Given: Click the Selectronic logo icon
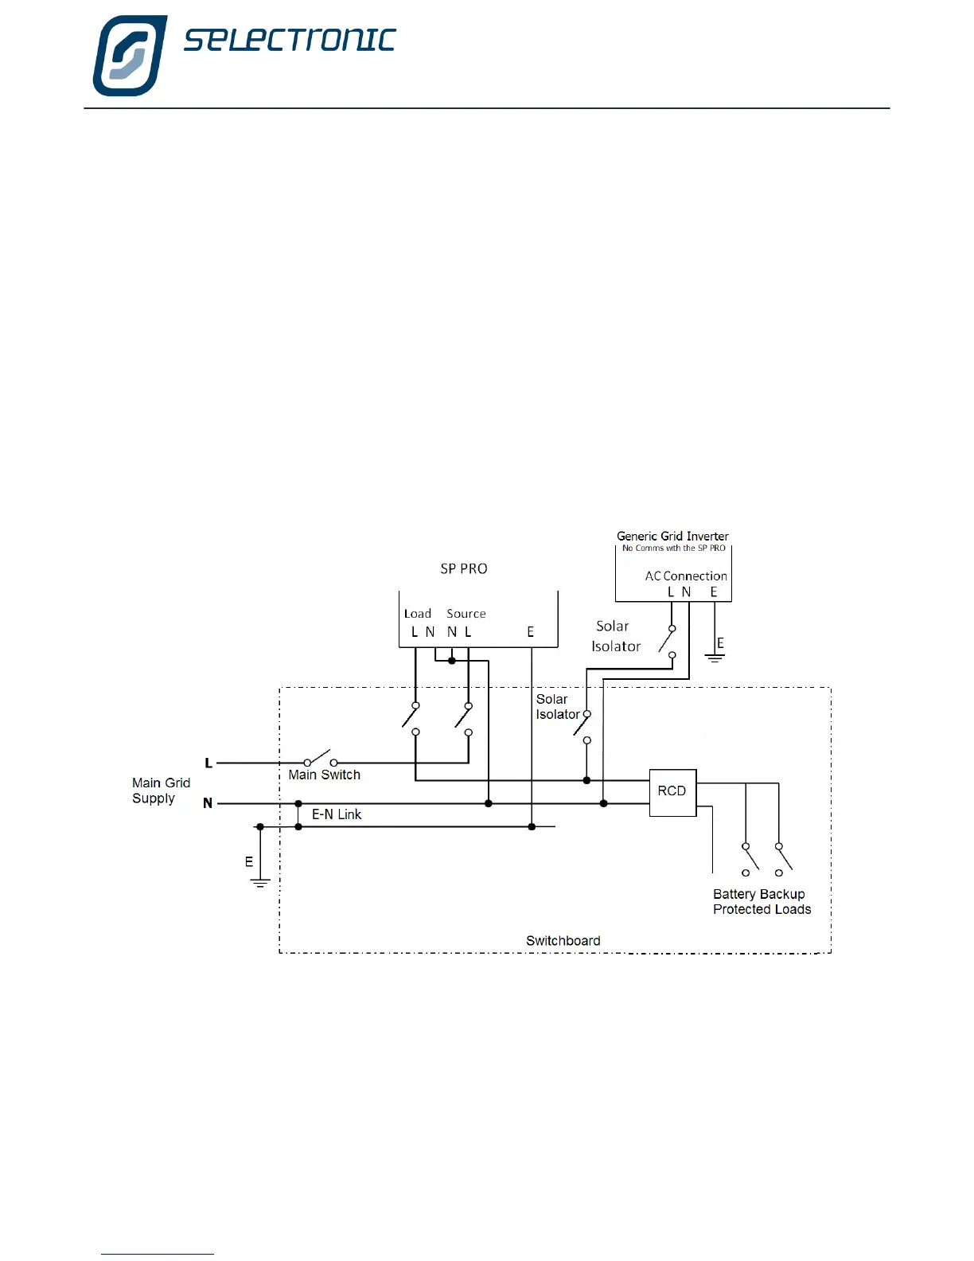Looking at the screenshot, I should pos(130,55).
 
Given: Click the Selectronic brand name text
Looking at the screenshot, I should pos(290,40).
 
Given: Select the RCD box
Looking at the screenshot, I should pos(672,791).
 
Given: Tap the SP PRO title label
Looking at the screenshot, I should pos(464,568).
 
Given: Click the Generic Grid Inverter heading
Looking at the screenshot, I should pos(672,536).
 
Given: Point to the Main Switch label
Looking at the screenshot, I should pos(324,775).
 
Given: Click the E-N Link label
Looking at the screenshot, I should pos(336,814).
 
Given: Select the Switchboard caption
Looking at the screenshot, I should pos(563,940).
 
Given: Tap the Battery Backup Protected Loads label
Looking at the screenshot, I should pos(762,902).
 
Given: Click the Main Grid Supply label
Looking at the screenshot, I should pos(161,791).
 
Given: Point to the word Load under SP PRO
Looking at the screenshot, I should pos(417,613).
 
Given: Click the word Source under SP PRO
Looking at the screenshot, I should pos(466,613).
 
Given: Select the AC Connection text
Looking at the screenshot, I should pos(686,576).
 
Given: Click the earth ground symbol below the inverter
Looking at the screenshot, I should pos(715,658).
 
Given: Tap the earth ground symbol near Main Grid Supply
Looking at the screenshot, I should pos(259,882).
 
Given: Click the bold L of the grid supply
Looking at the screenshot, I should pos(208,763).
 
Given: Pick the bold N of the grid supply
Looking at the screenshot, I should pos(208,803).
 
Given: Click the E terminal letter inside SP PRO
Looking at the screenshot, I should pos(531,632).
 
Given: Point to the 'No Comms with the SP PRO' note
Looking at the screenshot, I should pos(673,548).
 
